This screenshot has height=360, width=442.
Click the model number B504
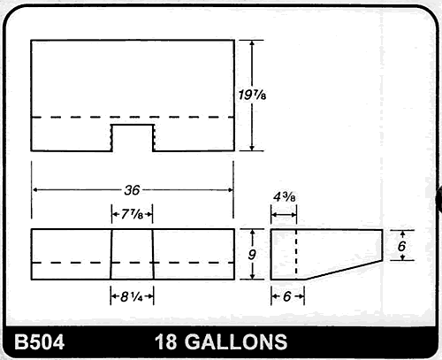click(36, 342)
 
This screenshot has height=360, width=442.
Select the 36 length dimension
click(132, 189)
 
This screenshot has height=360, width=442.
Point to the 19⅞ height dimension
click(255, 94)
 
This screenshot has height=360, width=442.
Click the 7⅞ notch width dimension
click(132, 213)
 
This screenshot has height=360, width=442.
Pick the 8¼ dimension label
click(132, 297)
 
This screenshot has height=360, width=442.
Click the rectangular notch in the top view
click(132, 137)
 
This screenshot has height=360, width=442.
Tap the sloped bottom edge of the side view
click(345, 270)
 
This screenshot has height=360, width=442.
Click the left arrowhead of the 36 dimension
click(35, 189)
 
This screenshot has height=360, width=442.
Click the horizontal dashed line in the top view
click(71, 117)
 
